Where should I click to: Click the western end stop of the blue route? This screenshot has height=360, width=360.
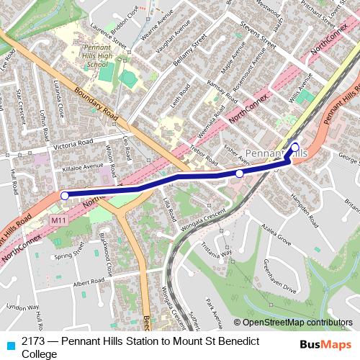click(x=65, y=195)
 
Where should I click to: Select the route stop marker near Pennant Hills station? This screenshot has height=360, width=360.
click(x=294, y=146)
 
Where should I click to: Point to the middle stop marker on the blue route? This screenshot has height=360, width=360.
click(x=239, y=174)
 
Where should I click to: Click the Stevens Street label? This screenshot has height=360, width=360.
click(x=258, y=33)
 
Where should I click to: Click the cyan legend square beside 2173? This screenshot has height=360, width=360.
click(x=9, y=343)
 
